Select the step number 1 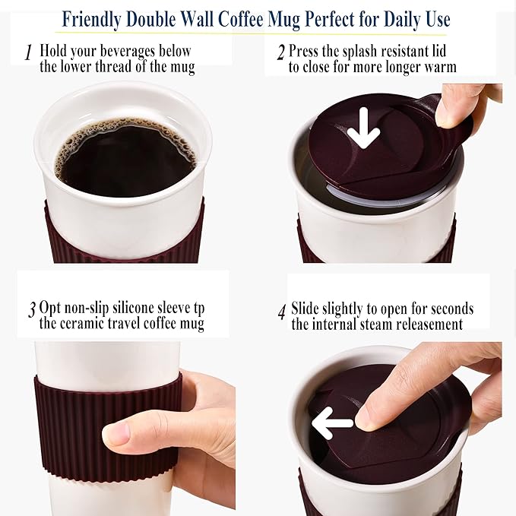[28, 53]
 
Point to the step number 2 [280, 53]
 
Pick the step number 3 [32, 310]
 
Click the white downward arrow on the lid [363, 128]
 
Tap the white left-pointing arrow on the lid [332, 423]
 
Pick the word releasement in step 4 [426, 324]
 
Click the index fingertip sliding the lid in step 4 [366, 416]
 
